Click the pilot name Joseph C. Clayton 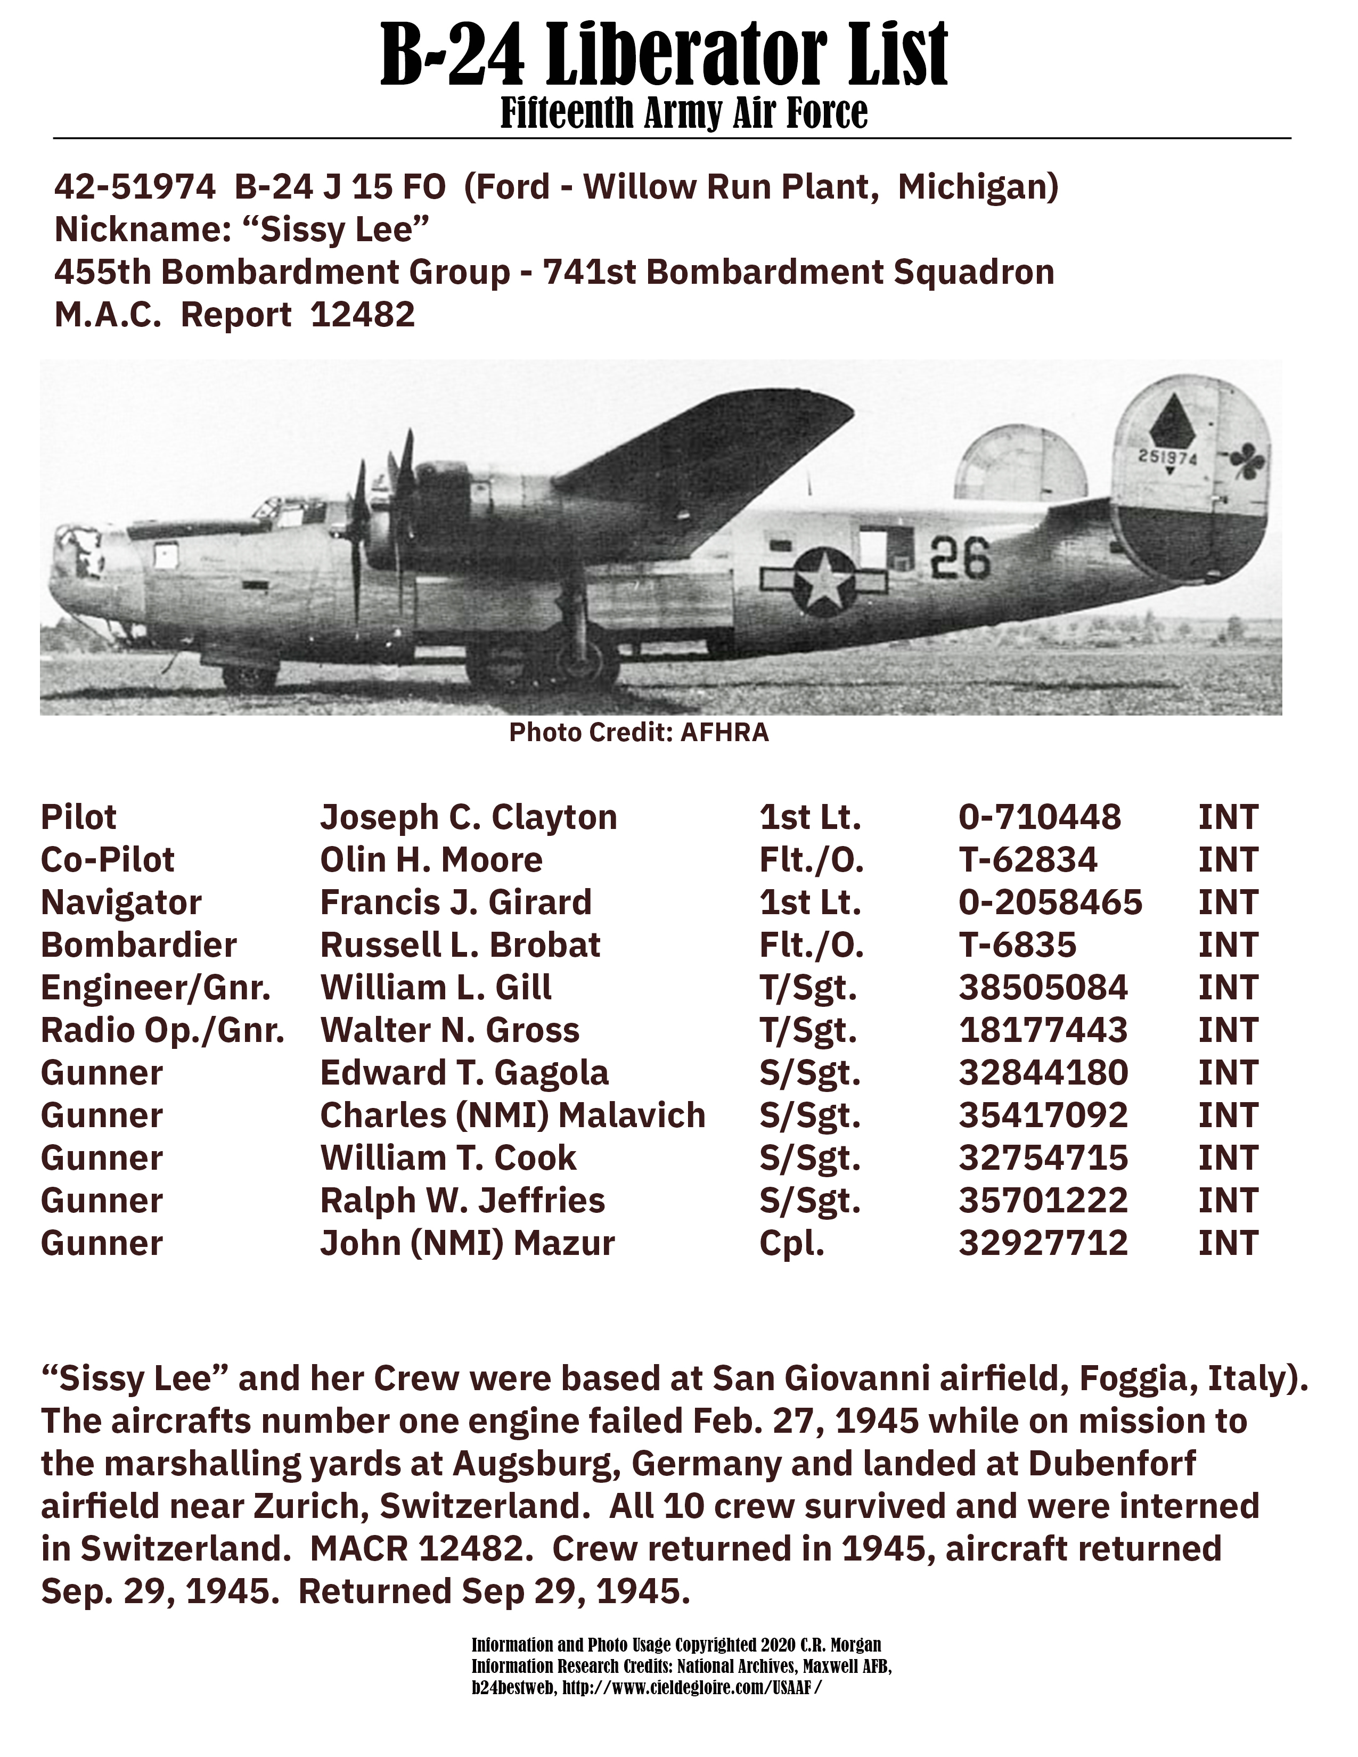(x=468, y=817)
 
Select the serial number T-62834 (x=1027, y=860)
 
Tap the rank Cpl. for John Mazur (x=791, y=1244)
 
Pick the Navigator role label (x=121, y=902)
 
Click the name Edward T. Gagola (x=464, y=1073)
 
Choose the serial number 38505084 (x=1043, y=988)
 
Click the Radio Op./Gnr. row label (x=162, y=1031)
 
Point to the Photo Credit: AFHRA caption (x=639, y=733)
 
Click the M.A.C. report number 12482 (x=362, y=315)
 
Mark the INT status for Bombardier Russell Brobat (x=1228, y=945)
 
